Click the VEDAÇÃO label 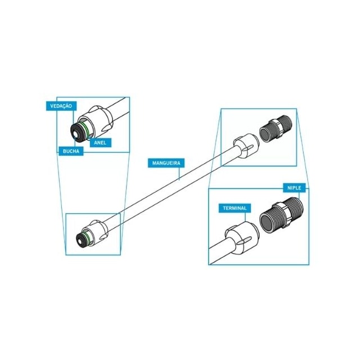click(61, 106)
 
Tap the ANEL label click(100, 142)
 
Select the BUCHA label click(71, 151)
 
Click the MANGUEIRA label click(166, 163)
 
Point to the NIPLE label click(294, 188)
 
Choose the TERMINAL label click(235, 208)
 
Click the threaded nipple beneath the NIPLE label click(283, 215)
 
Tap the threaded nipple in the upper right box click(276, 129)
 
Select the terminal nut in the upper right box click(246, 146)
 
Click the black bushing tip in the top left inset click(77, 133)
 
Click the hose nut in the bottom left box click(96, 233)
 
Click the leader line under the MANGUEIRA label click(179, 173)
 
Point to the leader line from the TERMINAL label click(245, 217)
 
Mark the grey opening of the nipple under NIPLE click(268, 222)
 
